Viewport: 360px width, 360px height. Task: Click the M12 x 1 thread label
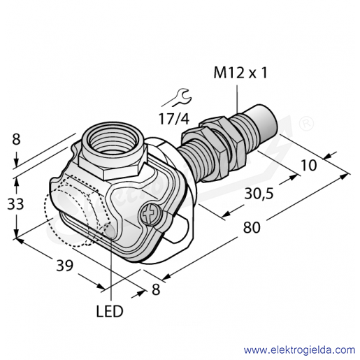(240, 73)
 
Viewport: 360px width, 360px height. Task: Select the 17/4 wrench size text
(174, 118)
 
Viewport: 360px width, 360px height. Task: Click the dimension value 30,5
(259, 194)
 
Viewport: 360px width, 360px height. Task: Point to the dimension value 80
(252, 228)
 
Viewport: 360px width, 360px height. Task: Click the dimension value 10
(309, 165)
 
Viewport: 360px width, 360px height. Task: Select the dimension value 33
(15, 204)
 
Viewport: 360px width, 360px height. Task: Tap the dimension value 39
(64, 266)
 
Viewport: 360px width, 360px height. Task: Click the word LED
(110, 311)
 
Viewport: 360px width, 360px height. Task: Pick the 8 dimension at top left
(16, 140)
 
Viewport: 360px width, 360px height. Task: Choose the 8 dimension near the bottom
(156, 289)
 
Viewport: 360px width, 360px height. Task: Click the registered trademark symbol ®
(307, 123)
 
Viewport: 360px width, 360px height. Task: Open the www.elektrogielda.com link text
(299, 350)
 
